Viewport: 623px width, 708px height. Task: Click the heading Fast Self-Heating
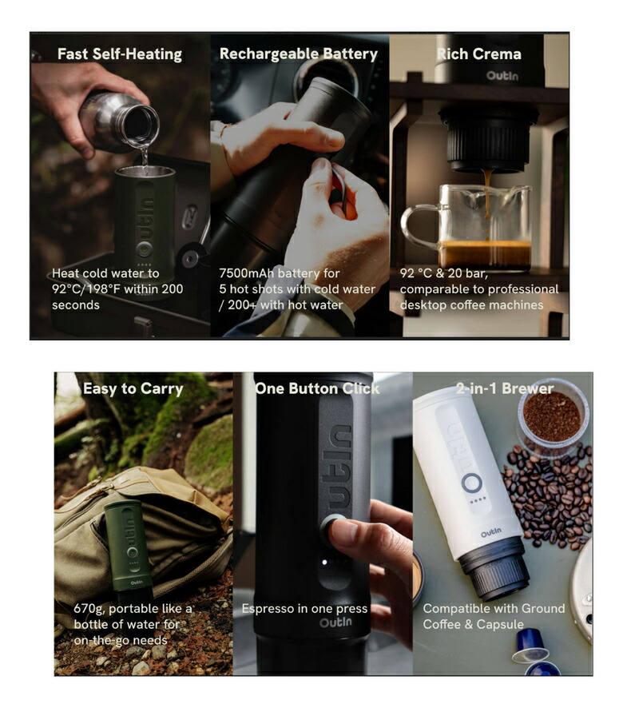[x=120, y=54]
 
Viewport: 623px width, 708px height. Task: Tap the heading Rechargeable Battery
[x=299, y=54]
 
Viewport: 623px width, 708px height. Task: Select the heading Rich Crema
[x=479, y=54]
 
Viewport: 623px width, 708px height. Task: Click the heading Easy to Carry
[x=133, y=389]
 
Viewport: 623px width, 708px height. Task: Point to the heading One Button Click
[x=317, y=388]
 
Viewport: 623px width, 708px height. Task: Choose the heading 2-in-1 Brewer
[x=505, y=388]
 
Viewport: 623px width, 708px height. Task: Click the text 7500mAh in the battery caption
[x=247, y=273]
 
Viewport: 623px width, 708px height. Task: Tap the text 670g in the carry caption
[x=89, y=609]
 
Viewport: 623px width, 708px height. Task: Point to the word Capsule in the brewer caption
[x=500, y=624]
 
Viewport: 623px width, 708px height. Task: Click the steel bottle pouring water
[x=120, y=121]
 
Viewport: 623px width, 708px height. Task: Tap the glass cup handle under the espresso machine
[x=419, y=227]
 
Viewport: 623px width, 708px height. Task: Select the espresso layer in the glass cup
[x=485, y=253]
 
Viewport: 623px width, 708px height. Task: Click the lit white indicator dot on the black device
[x=324, y=563]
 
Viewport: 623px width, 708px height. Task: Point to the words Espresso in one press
[x=305, y=609]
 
